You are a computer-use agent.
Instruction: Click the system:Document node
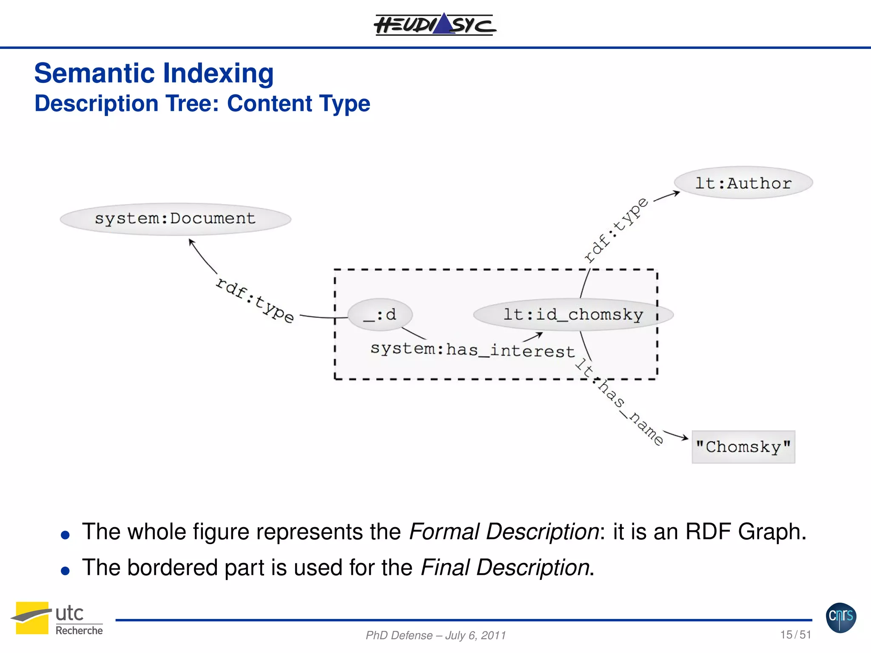pos(175,219)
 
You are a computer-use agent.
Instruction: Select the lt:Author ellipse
pos(743,183)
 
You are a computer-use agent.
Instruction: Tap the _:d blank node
pos(380,315)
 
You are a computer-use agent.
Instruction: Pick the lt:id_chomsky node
pos(573,315)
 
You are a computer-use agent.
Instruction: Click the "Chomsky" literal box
pos(743,447)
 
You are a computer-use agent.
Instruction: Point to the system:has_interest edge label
pos(472,350)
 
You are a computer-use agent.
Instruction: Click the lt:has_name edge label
pos(619,402)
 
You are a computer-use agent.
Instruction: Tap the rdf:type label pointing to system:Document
pos(254,300)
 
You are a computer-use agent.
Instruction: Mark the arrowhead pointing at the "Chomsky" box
pos(685,437)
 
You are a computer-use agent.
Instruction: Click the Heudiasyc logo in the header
pos(435,25)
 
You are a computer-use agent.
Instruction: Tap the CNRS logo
pos(841,617)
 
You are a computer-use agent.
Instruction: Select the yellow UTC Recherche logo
pos(32,618)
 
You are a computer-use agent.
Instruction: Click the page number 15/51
pos(795,634)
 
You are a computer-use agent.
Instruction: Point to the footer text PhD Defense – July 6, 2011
pos(435,635)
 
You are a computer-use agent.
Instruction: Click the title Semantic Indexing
pos(154,73)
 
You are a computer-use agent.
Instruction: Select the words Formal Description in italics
pos(504,531)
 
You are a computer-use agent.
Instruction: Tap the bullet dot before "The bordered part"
pos(65,571)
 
